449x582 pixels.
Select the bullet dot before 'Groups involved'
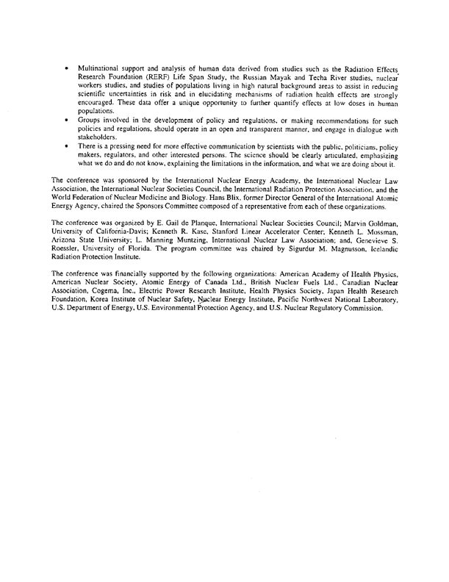pyautogui.click(x=67, y=119)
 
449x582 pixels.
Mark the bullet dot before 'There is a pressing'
pyautogui.click(x=67, y=146)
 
